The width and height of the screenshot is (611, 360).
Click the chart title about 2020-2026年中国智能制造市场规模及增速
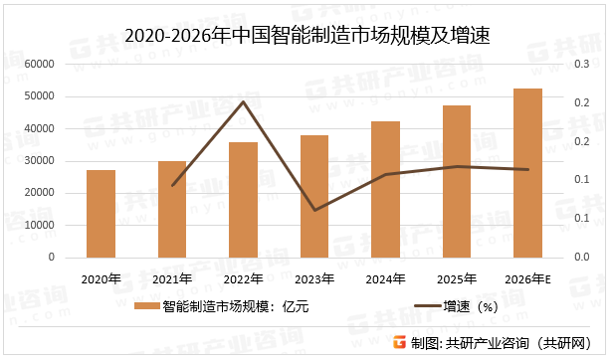click(x=306, y=37)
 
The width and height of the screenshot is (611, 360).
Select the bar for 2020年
click(x=101, y=214)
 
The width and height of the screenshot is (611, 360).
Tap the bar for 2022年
click(x=243, y=200)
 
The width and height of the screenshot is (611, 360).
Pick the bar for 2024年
click(x=385, y=189)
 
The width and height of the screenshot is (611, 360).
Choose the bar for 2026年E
click(x=527, y=173)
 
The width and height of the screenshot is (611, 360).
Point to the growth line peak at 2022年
click(x=244, y=101)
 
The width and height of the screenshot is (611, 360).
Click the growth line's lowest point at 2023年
click(x=314, y=210)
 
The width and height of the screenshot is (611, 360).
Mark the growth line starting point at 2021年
click(x=173, y=185)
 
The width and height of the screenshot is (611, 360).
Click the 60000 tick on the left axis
click(x=39, y=64)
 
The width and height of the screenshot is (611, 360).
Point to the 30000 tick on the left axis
click(x=39, y=161)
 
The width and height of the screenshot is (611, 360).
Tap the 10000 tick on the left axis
click(x=39, y=225)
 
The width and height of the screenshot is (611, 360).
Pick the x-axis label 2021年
click(x=171, y=279)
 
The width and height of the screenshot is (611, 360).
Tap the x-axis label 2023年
click(x=313, y=279)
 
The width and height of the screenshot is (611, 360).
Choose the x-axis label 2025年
click(x=456, y=279)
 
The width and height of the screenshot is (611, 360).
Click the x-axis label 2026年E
click(x=528, y=279)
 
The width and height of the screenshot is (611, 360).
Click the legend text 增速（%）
click(x=471, y=307)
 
